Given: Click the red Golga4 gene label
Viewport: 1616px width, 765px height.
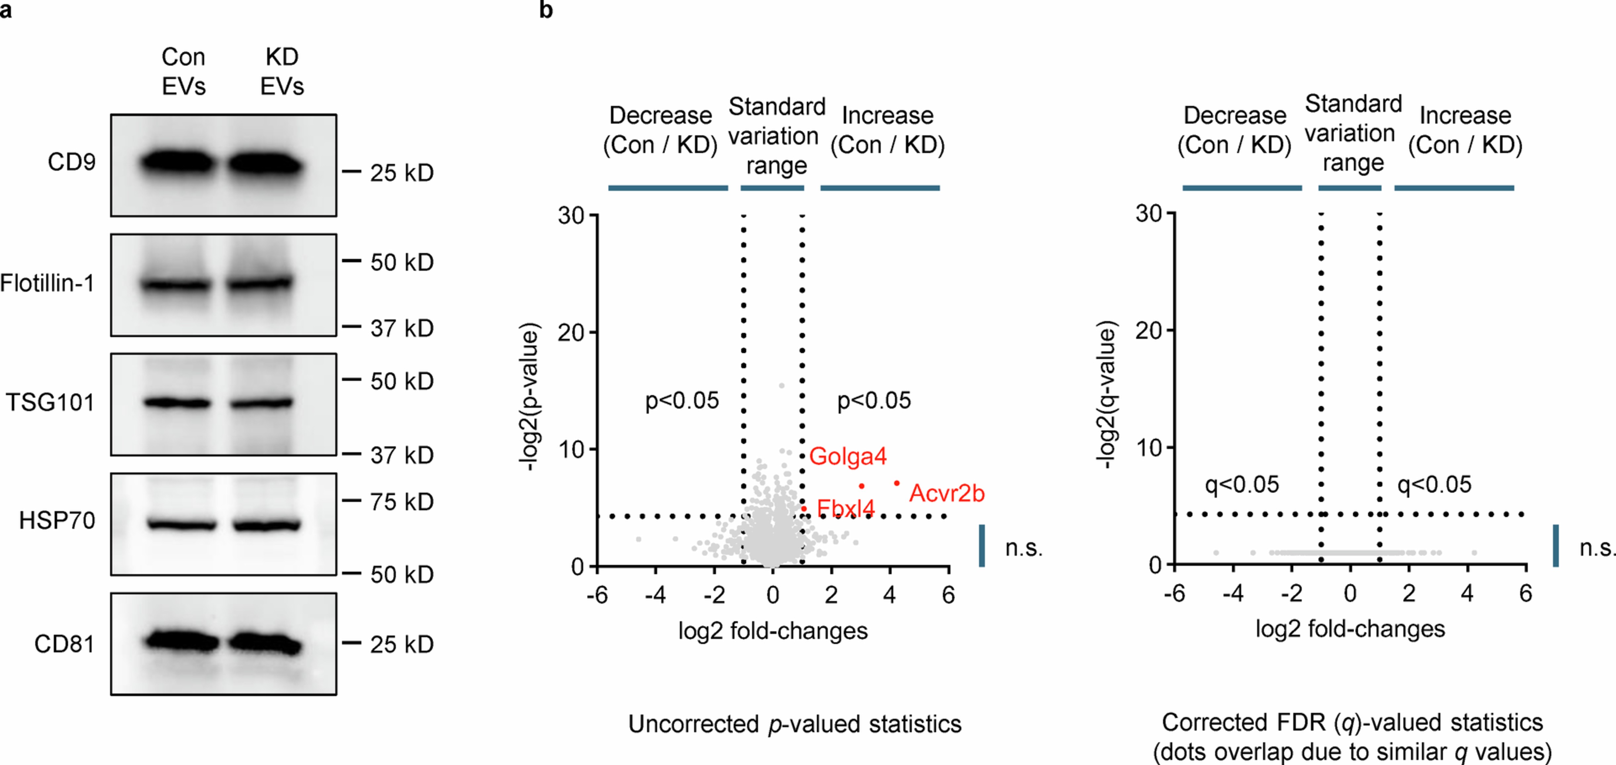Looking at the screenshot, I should pyautogui.click(x=847, y=456).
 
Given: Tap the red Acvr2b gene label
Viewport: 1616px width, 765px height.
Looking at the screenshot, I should pyautogui.click(x=947, y=493).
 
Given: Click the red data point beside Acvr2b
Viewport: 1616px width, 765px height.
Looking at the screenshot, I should pyautogui.click(x=897, y=483).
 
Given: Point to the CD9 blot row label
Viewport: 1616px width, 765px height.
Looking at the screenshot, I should pyautogui.click(x=71, y=163).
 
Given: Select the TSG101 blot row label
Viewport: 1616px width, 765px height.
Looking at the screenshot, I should pyautogui.click(x=50, y=402).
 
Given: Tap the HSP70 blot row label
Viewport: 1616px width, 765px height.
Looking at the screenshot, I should pyautogui.click(x=57, y=520).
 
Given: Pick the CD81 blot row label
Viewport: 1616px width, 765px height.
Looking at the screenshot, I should pyautogui.click(x=64, y=644).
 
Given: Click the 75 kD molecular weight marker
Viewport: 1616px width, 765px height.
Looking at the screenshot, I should pyautogui.click(x=401, y=502).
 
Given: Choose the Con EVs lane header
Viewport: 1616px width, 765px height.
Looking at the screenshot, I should pyautogui.click(x=183, y=72).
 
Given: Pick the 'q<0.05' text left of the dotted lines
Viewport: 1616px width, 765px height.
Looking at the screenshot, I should pyautogui.click(x=1241, y=485).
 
